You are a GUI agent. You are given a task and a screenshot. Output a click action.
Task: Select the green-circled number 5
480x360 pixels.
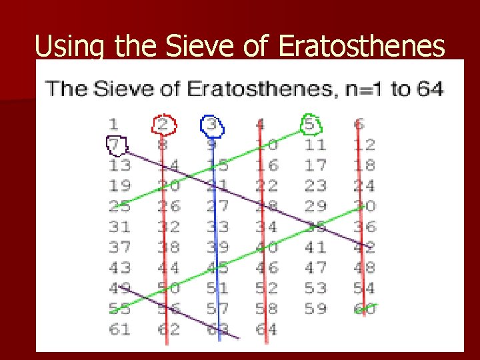[x=312, y=124]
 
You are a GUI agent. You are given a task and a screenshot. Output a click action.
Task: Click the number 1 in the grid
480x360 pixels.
[x=115, y=124]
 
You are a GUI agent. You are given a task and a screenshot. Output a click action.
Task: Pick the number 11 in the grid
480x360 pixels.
[x=315, y=145]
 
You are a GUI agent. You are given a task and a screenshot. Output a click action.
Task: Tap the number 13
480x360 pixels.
[x=120, y=165]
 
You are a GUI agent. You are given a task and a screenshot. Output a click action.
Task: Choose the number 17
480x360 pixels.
[x=315, y=165]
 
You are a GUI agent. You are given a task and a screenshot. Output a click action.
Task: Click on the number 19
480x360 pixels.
[x=120, y=185]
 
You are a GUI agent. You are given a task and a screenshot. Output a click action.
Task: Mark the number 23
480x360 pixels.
[x=315, y=185]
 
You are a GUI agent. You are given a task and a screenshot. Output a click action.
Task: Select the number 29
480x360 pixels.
[x=315, y=206]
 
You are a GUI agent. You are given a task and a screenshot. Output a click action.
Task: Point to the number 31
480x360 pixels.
[x=120, y=227]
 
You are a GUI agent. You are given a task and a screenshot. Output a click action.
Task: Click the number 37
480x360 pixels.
[x=120, y=247]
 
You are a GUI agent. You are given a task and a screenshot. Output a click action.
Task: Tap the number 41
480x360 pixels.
[x=315, y=247]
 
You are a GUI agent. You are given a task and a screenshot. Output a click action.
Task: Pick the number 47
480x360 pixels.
[x=315, y=268]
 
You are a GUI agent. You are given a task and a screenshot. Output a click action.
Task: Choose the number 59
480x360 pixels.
[x=315, y=309]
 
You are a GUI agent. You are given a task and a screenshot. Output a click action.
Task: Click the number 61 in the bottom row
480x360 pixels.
[x=120, y=329]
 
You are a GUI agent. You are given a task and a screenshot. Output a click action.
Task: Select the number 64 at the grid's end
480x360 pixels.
[x=266, y=329]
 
